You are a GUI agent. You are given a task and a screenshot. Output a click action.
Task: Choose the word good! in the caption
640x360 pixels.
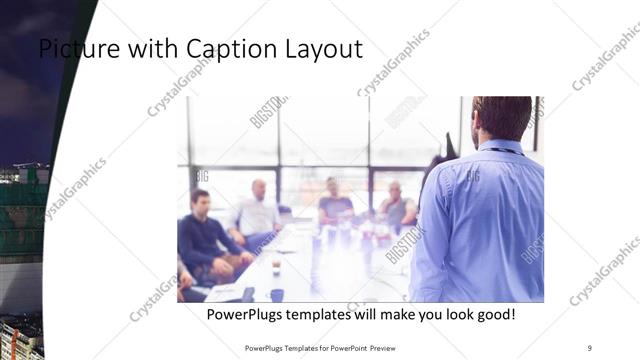494,314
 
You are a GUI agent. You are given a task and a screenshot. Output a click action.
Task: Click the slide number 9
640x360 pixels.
589,347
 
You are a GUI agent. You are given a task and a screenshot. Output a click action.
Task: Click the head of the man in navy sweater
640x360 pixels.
200,199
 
